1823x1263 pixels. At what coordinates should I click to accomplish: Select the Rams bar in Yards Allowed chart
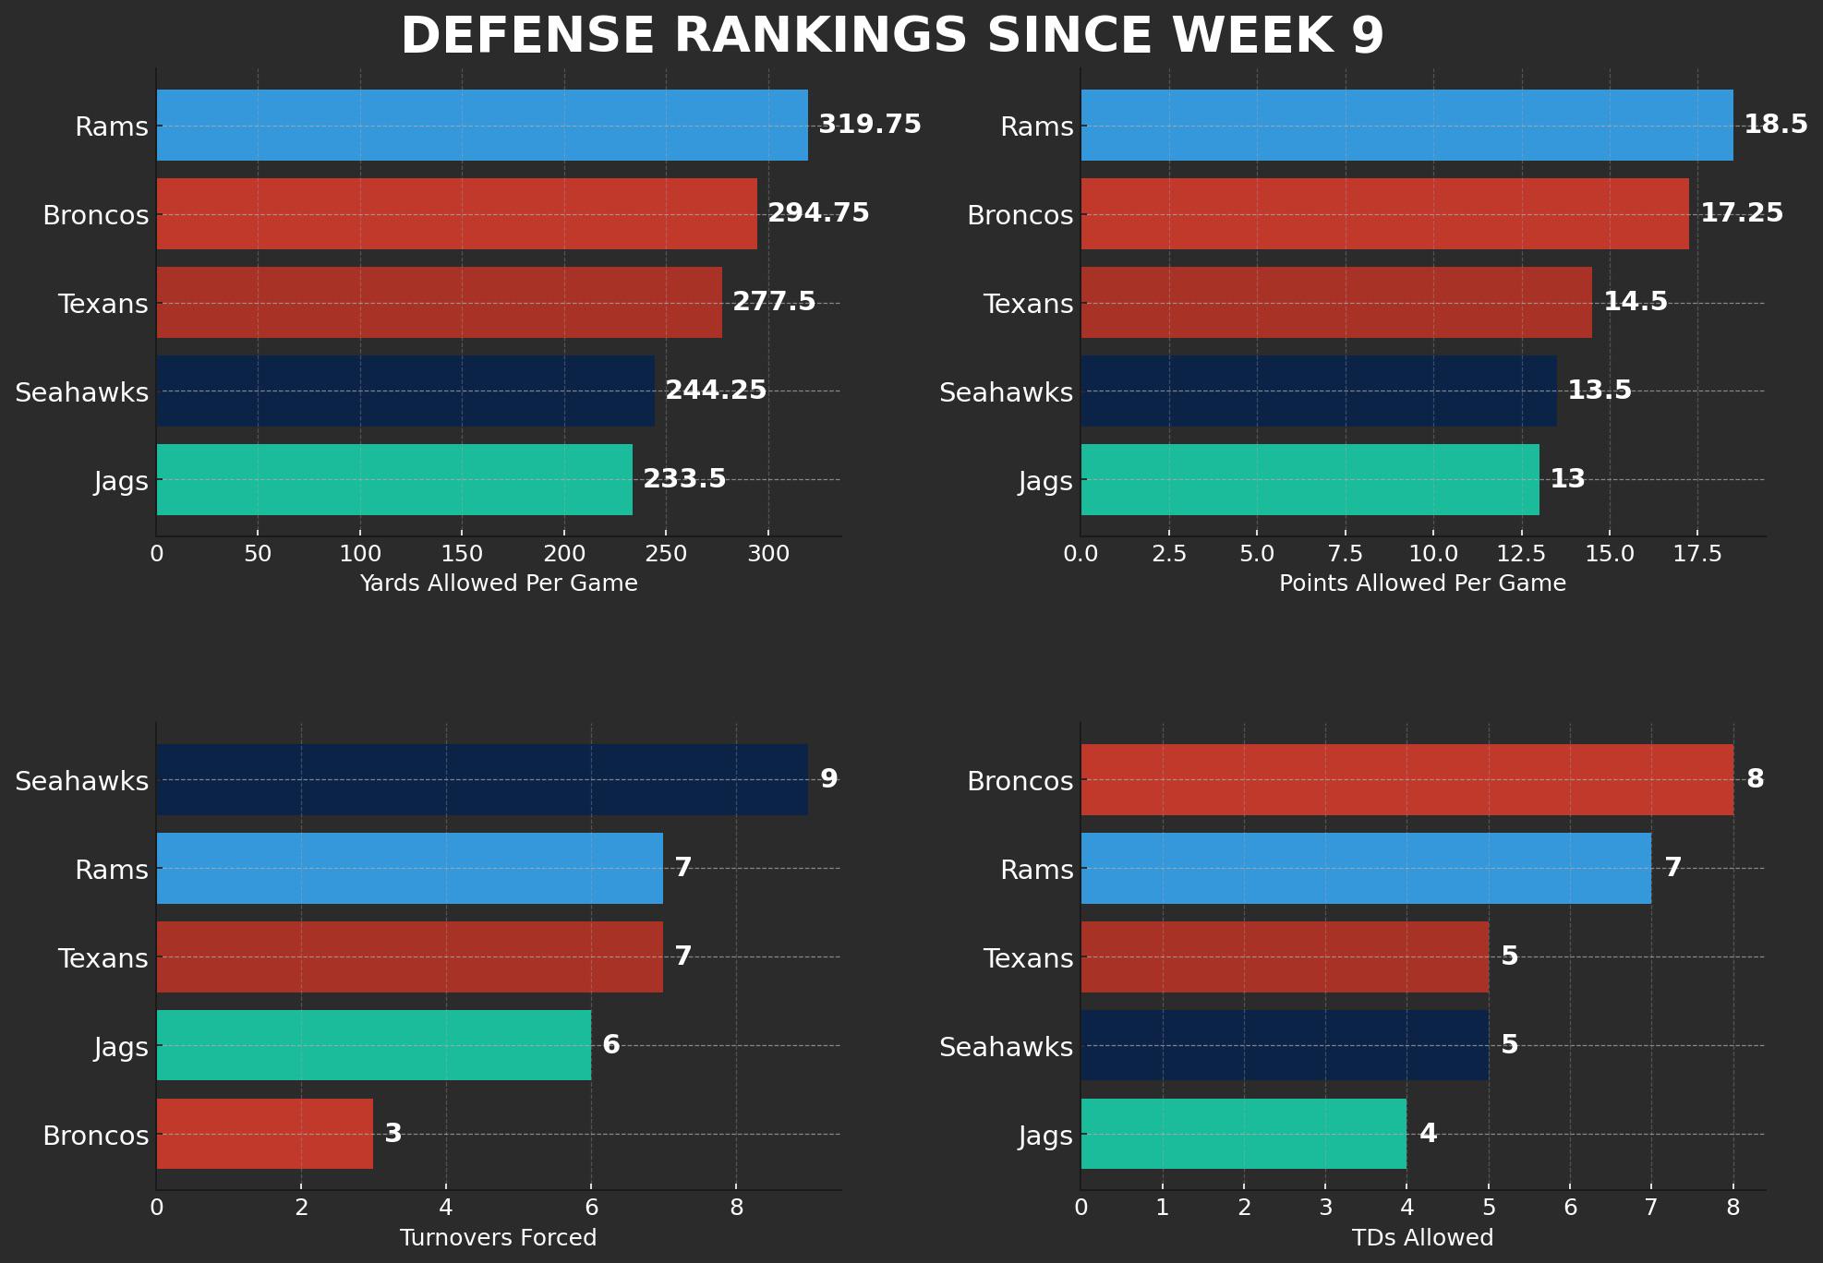(482, 126)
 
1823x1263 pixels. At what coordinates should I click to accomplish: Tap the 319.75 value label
(870, 124)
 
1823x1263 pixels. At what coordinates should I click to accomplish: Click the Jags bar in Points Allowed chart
(1310, 480)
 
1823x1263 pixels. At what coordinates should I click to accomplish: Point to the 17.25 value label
(1742, 213)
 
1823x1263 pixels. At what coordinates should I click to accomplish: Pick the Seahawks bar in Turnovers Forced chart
(482, 780)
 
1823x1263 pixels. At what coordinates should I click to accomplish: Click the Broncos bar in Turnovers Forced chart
(265, 1135)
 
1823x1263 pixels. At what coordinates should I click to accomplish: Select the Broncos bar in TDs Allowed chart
(1406, 780)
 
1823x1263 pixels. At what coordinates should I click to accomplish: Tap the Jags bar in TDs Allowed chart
(1243, 1135)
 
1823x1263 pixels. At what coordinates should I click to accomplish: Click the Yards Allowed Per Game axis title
(499, 583)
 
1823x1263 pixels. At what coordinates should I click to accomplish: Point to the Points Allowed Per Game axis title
(1422, 583)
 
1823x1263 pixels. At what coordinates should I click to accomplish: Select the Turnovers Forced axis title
(499, 1238)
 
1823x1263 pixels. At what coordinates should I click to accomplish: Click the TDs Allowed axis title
(1422, 1238)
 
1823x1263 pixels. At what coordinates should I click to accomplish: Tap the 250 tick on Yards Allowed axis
(667, 554)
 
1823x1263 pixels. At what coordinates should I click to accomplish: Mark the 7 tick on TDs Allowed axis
(1651, 1208)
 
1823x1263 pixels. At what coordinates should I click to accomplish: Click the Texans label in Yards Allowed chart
(103, 304)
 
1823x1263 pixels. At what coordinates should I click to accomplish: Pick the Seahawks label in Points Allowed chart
(1006, 392)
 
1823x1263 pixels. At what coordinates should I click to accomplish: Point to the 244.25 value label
(716, 391)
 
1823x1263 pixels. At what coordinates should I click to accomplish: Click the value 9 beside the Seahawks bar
(829, 779)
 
